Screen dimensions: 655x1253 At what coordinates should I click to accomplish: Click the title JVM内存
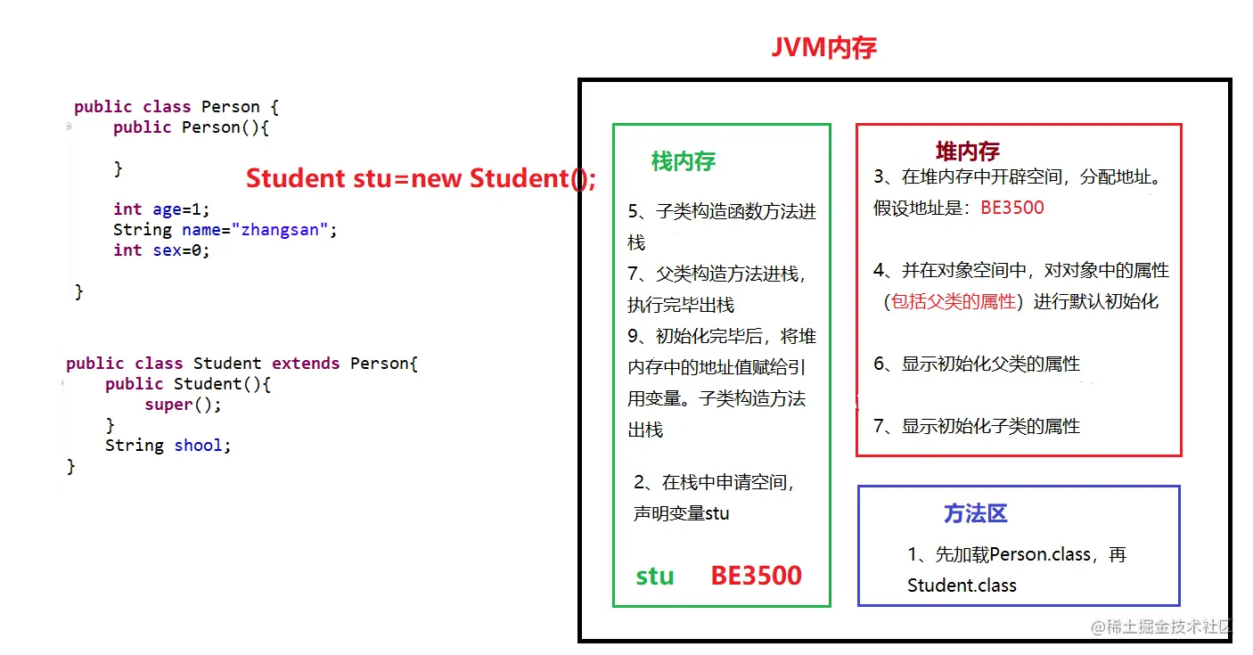tap(824, 47)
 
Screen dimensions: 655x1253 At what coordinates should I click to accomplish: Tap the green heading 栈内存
tap(684, 161)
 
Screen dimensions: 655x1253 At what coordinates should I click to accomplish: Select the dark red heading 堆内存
tap(967, 151)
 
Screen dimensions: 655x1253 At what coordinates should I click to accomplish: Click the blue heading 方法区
tap(975, 514)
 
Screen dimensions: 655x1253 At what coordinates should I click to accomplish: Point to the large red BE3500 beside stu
tap(756, 576)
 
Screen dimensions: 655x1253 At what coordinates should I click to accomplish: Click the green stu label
tap(655, 577)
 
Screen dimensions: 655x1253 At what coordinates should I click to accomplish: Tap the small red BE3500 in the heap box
tap(1011, 209)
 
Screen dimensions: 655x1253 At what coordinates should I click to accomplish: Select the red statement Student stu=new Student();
tap(421, 178)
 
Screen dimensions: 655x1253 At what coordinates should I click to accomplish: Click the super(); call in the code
tap(183, 405)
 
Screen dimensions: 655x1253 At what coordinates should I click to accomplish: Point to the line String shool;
tap(168, 446)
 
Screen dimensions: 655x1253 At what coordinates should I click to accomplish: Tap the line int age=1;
tap(161, 209)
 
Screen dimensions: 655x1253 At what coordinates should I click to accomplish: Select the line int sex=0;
tap(161, 250)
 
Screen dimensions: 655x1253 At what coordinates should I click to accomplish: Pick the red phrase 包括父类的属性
tap(954, 302)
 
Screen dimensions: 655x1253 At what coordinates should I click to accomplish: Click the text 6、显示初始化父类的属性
tap(977, 364)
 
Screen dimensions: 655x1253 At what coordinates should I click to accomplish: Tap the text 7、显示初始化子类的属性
tap(977, 427)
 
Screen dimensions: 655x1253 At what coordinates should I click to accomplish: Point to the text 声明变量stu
tap(681, 514)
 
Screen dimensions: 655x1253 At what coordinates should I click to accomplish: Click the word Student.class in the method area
tap(962, 585)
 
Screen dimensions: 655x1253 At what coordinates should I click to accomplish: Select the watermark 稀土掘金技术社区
tap(1168, 626)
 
